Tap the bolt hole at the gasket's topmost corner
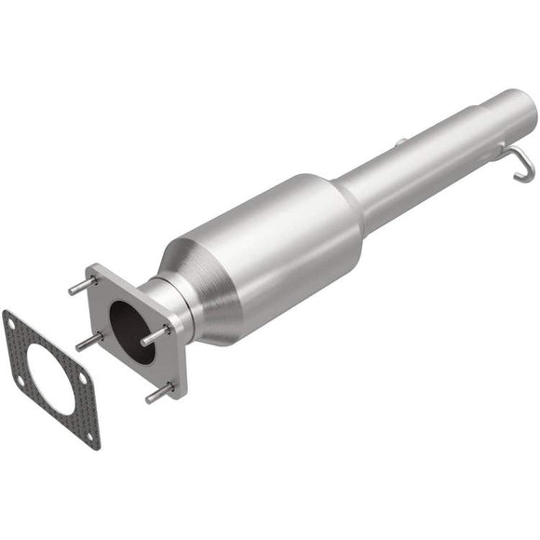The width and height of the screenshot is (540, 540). [x=11, y=322]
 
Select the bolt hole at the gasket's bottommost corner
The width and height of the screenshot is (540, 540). [x=91, y=435]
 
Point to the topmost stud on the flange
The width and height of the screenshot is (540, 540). [x=82, y=285]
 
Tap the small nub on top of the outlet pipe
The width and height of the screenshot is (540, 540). [x=399, y=142]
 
